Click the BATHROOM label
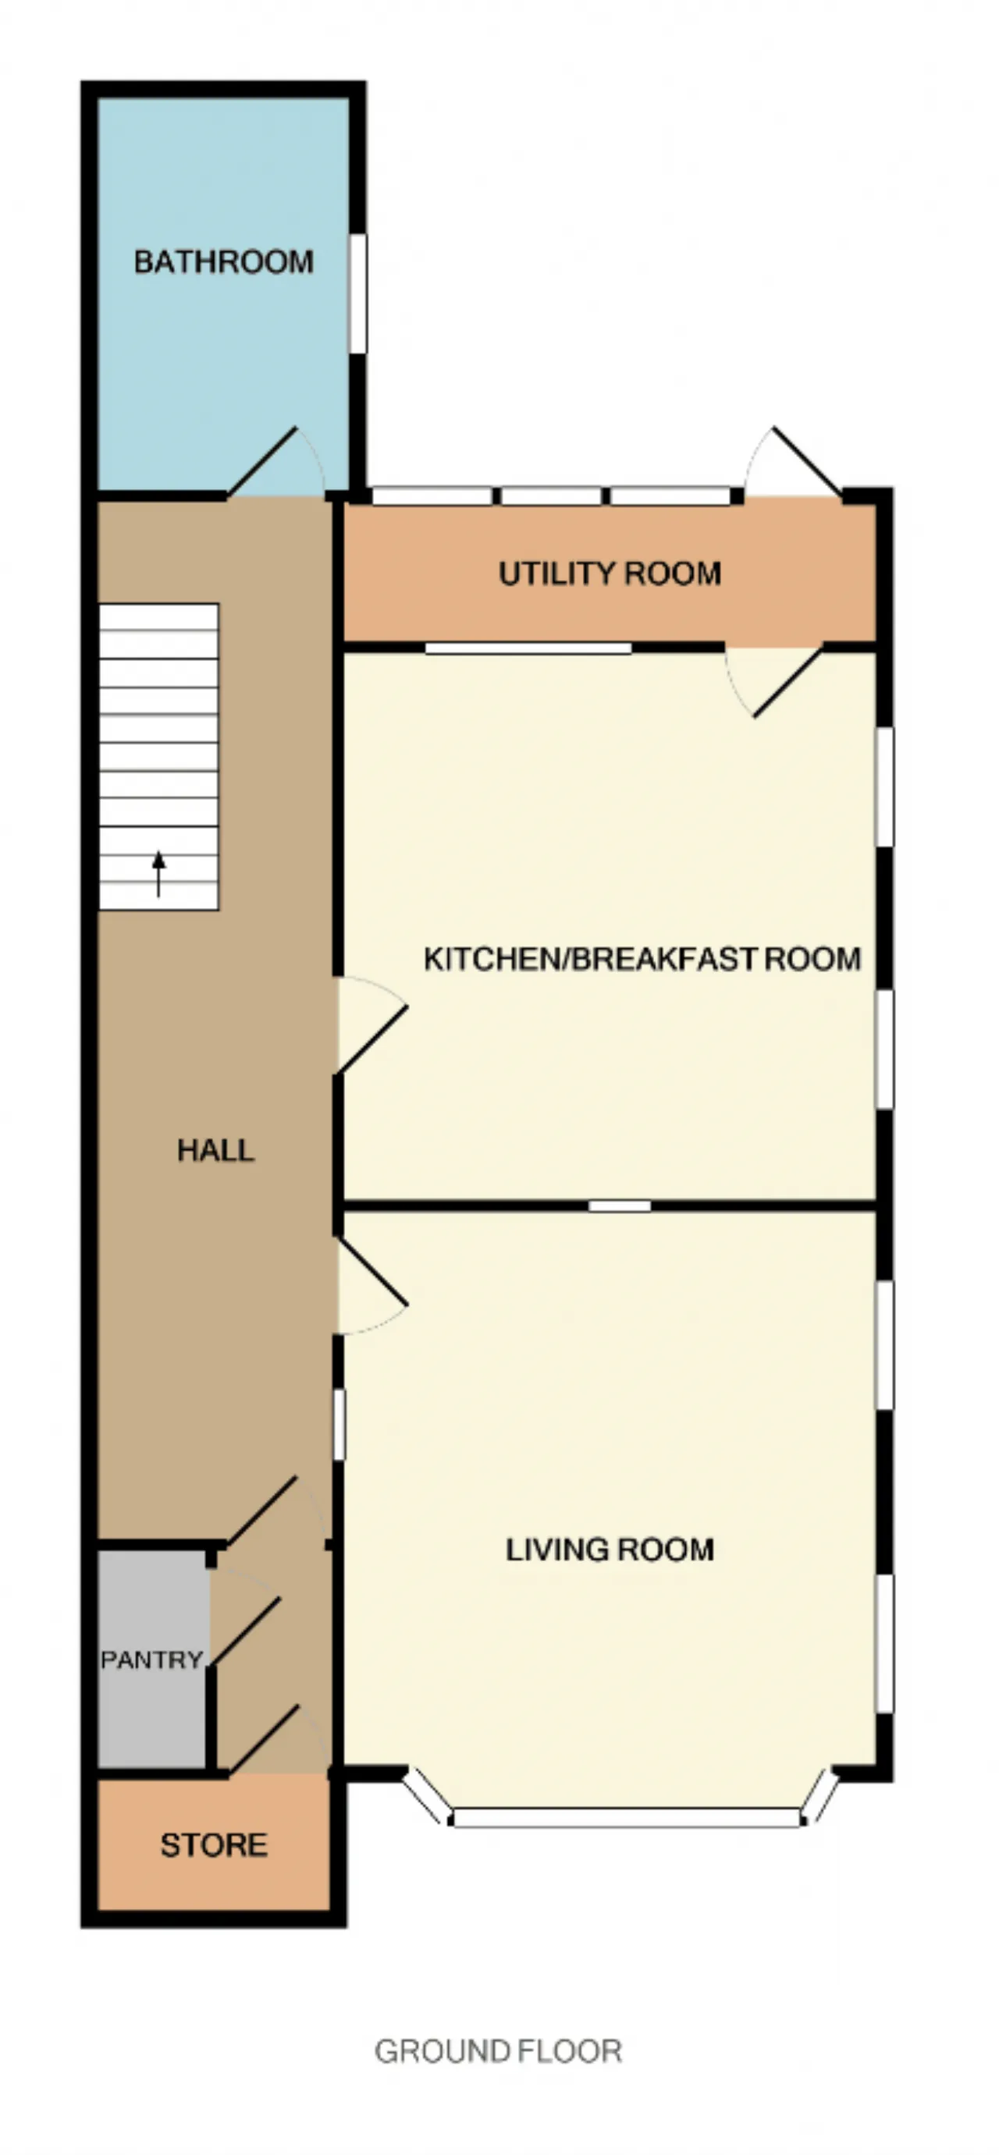pyautogui.click(x=223, y=262)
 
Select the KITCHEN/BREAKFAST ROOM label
pyautogui.click(x=642, y=959)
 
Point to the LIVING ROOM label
pyautogui.click(x=610, y=1550)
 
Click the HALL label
pyautogui.click(x=215, y=1150)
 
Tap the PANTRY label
pyautogui.click(x=151, y=1660)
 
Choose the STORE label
pyautogui.click(x=214, y=1844)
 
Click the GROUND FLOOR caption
pyautogui.click(x=498, y=2051)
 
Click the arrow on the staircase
pyautogui.click(x=158, y=874)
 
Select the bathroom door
pyautogui.click(x=262, y=463)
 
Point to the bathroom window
pyautogui.click(x=358, y=293)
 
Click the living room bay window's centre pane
pyautogui.click(x=627, y=1817)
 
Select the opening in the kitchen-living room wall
pyautogui.click(x=620, y=1205)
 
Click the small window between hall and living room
pyautogui.click(x=339, y=1425)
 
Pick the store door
pyautogui.click(x=264, y=1738)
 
